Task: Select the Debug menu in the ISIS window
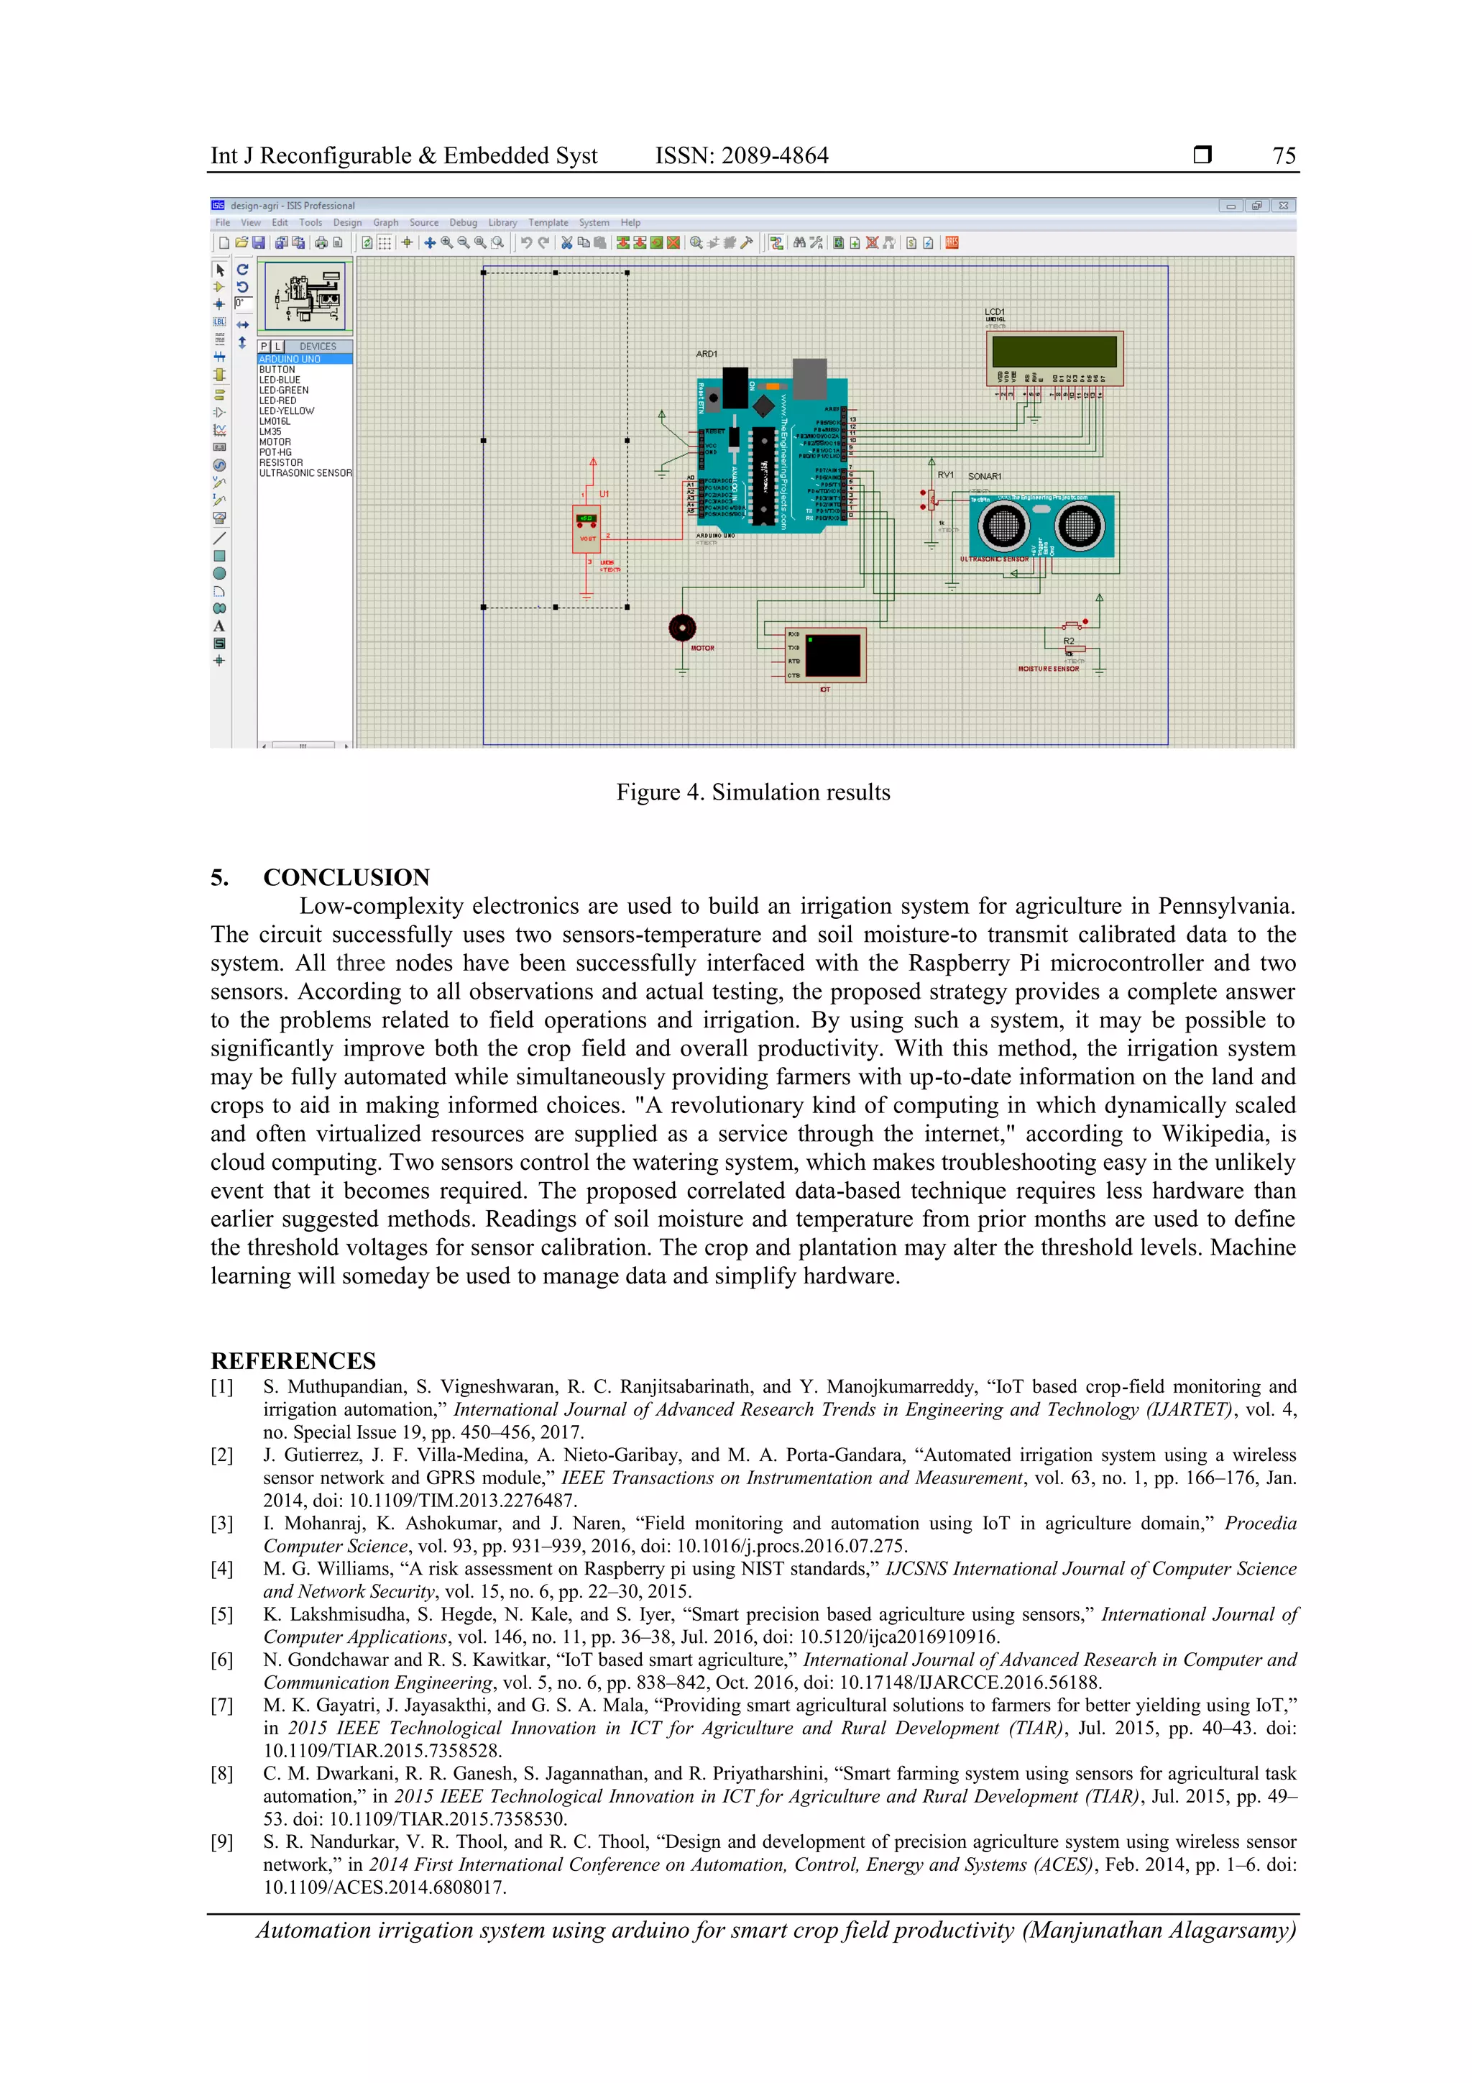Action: point(463,222)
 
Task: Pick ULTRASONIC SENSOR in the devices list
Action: point(305,472)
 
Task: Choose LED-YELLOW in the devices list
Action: point(287,411)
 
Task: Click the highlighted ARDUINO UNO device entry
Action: point(290,360)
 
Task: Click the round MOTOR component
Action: point(682,627)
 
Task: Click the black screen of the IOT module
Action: point(832,655)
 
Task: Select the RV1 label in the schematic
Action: point(945,475)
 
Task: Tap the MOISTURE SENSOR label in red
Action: point(1049,669)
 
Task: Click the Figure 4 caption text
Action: point(753,792)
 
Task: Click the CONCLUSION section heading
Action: point(346,877)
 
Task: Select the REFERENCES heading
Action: point(293,1361)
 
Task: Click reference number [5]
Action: point(221,1615)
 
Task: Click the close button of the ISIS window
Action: point(1282,206)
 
